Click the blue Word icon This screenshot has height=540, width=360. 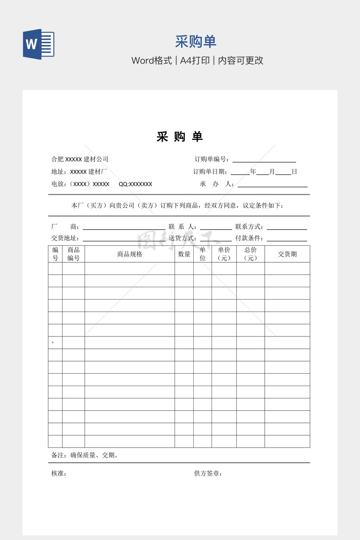[39, 44]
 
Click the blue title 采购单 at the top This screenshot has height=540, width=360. [195, 42]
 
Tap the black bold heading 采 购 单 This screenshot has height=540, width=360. [180, 137]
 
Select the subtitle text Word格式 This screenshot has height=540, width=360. [152, 60]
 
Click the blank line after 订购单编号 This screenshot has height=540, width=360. [264, 160]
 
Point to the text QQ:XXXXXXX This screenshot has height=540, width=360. [135, 184]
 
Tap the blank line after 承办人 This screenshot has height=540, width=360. [272, 185]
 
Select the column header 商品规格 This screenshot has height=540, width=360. [130, 254]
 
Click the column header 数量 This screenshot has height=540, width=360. [184, 254]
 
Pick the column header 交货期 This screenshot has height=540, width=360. [287, 254]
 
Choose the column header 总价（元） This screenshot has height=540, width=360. [250, 254]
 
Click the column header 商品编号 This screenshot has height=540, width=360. [73, 254]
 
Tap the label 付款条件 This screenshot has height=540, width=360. [249, 238]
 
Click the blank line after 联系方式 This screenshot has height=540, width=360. [287, 227]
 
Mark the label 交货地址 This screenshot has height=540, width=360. [65, 238]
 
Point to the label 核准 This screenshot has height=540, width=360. [58, 474]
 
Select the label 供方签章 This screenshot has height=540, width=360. [207, 474]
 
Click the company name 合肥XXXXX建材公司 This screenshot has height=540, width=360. [80, 159]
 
